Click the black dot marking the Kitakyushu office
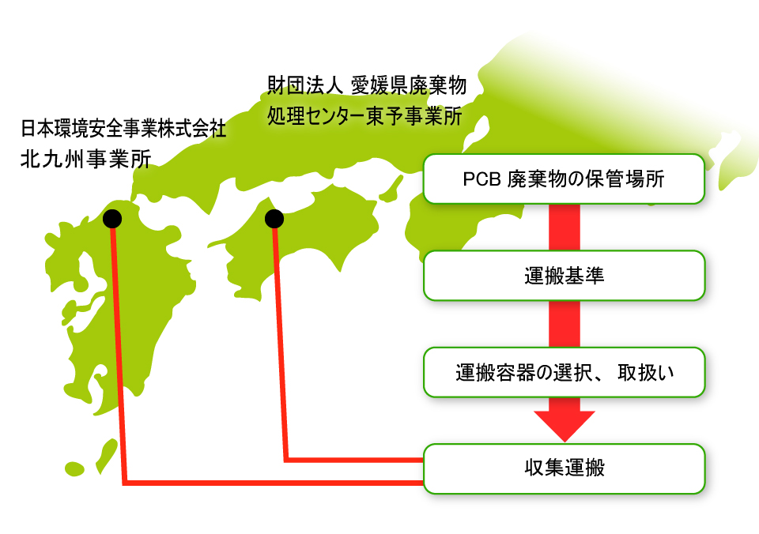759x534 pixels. click(112, 218)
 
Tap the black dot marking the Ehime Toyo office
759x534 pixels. click(274, 217)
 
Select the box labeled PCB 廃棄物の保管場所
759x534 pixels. click(564, 179)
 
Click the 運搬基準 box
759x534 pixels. click(564, 276)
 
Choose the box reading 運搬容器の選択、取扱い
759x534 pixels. click(564, 371)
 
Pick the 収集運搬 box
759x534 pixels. click(564, 468)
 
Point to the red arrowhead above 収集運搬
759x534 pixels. click(564, 426)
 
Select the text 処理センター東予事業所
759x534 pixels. click(364, 115)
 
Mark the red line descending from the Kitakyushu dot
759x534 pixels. click(119, 355)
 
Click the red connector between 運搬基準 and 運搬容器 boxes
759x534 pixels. click(564, 324)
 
